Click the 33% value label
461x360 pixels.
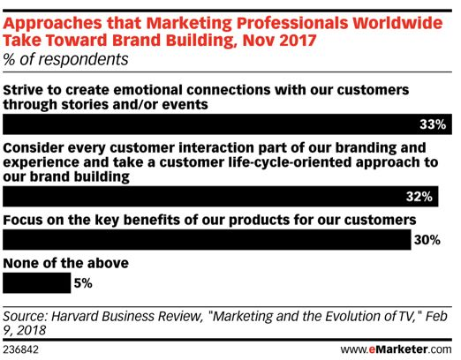pyautogui.click(x=433, y=124)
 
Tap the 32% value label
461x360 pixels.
pyautogui.click(x=419, y=197)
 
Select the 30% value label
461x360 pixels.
pyautogui.click(x=427, y=240)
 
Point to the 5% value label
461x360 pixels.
pyautogui.click(x=83, y=283)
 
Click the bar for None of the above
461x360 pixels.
pyautogui.click(x=37, y=283)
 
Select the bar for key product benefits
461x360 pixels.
pyautogui.click(x=207, y=240)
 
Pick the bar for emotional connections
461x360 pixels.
pyautogui.click(x=227, y=124)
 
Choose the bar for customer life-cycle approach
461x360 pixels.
pyautogui.click(x=221, y=197)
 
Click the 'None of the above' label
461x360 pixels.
pyautogui.click(x=66, y=263)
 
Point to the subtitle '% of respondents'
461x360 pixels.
pyautogui.click(x=65, y=59)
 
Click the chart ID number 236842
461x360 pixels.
pyautogui.click(x=20, y=349)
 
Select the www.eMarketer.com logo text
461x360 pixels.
pyautogui.click(x=397, y=349)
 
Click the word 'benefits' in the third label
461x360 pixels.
pyautogui.click(x=151, y=220)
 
